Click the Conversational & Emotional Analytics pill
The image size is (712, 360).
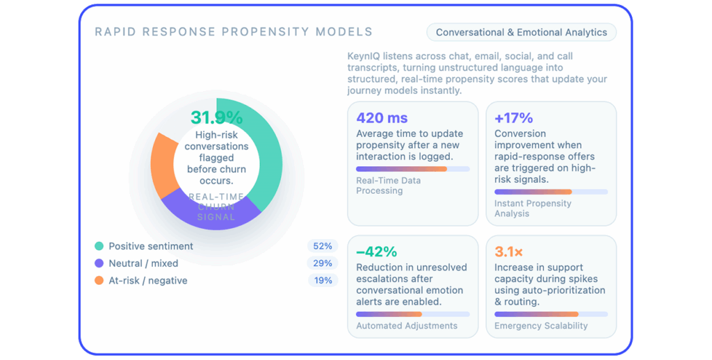521,32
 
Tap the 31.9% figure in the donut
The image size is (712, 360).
216,117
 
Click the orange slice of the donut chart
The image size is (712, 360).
163,163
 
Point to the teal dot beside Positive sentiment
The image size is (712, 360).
99,246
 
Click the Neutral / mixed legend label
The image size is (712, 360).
143,263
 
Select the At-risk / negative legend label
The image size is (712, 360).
147,281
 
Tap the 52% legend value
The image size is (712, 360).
323,246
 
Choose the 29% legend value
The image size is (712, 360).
323,263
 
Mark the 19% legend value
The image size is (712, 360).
323,281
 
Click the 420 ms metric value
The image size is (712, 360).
382,117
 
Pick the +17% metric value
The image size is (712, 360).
514,117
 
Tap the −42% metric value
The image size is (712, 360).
376,251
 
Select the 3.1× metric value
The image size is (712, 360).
508,251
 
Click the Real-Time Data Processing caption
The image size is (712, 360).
388,186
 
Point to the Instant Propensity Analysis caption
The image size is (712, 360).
533,208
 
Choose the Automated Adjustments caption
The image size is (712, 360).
407,325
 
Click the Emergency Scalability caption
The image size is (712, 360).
541,325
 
